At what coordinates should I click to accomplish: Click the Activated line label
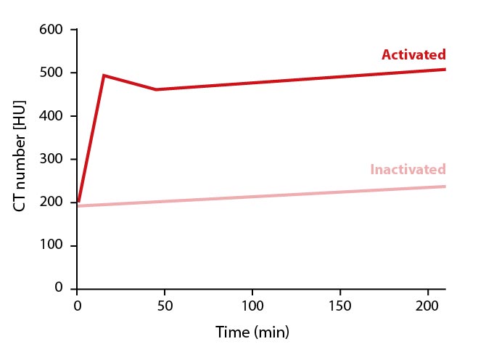tap(413, 55)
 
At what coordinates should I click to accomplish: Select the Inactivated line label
tap(408, 170)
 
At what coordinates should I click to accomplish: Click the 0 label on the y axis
tap(60, 288)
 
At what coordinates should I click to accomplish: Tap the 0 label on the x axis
tap(77, 306)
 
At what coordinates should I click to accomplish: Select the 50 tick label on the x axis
tap(165, 306)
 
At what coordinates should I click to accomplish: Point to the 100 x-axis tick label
tap(252, 306)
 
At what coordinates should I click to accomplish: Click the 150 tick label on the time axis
tap(340, 306)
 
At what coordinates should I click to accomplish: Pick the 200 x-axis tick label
tap(428, 306)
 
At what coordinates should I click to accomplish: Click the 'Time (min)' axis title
tap(252, 333)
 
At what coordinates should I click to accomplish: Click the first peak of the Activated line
tap(104, 75)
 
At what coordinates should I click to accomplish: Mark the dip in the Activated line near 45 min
tap(156, 90)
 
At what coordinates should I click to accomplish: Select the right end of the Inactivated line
tap(445, 187)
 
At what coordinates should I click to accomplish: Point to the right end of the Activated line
tap(445, 70)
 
